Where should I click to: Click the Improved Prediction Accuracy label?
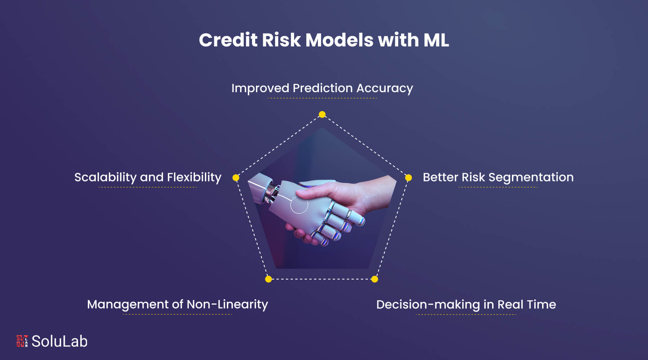point(322,88)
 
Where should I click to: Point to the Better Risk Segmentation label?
point(498,177)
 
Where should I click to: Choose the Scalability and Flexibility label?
point(148,177)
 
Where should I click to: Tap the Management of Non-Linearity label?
point(177,305)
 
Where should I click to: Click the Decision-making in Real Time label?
point(466,305)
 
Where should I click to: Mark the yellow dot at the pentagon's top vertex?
point(322,114)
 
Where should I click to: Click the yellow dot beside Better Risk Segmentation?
point(408,177)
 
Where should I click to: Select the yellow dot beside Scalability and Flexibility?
point(236,177)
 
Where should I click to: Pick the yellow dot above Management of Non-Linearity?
point(268,279)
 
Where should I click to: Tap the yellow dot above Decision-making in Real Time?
point(374,279)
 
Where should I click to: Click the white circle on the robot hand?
point(299,204)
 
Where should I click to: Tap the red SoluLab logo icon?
point(22,341)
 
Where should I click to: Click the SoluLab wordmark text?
point(59,341)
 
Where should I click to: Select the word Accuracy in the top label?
point(384,88)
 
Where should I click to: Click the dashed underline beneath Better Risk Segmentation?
point(498,187)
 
